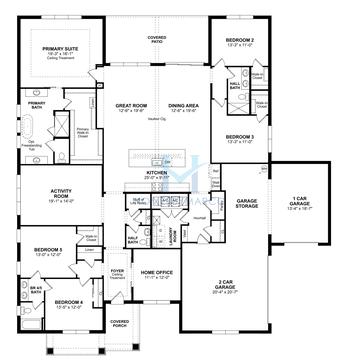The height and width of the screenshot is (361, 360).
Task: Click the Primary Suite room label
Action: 67,49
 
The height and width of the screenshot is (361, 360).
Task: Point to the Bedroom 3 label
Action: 239,137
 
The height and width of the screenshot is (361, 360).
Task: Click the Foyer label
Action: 117,270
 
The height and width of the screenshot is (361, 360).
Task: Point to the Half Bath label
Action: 133,238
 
